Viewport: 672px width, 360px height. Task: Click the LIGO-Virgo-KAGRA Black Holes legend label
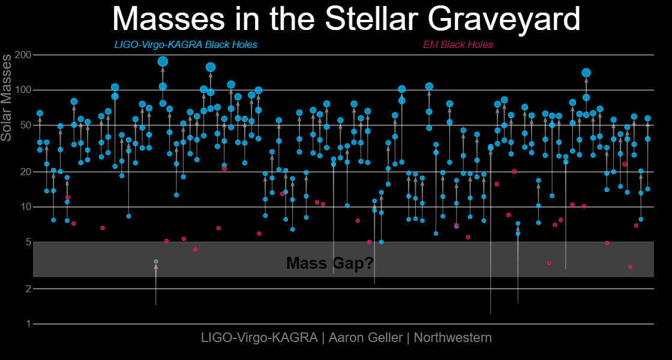(x=185, y=45)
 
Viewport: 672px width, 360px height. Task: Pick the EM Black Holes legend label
(x=458, y=45)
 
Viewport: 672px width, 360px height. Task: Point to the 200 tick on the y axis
(x=23, y=55)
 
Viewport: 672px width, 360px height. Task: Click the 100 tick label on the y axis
(x=23, y=90)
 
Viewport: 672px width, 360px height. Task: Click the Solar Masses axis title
(x=7, y=97)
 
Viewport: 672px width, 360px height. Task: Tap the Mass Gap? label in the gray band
(x=329, y=263)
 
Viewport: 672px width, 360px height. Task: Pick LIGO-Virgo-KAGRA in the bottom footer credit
(x=259, y=338)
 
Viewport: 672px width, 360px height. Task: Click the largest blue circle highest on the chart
(x=163, y=61)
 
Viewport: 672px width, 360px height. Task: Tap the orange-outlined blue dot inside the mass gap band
(x=156, y=262)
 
